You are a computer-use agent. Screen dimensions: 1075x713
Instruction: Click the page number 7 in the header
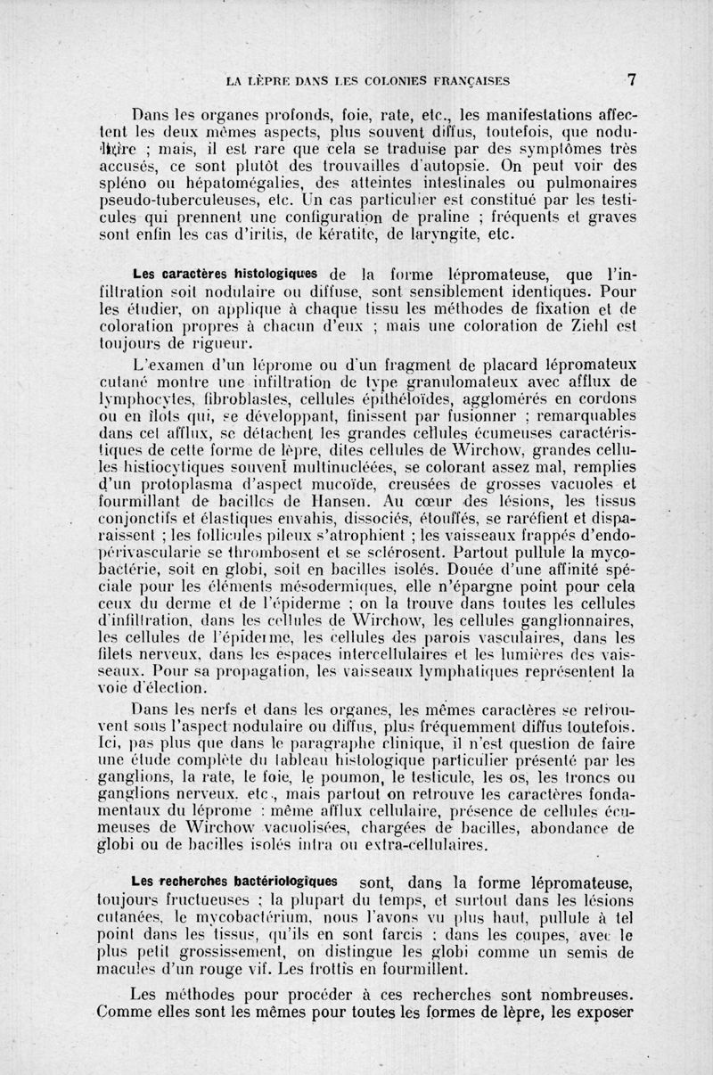pos(631,78)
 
